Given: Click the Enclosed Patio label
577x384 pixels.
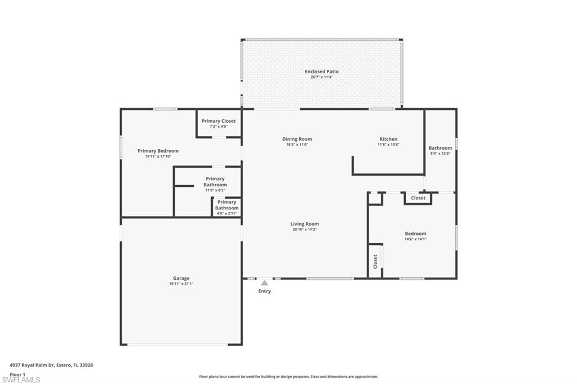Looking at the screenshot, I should coord(322,72).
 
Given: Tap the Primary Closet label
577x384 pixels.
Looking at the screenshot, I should coord(219,121).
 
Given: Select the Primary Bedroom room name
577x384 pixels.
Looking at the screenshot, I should coord(158,151).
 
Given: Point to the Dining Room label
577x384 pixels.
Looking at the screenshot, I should coord(297,139).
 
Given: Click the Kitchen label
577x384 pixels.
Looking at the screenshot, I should coord(388,139).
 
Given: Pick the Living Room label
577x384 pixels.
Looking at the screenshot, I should coord(305,224).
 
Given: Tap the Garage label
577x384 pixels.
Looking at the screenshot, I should coord(181,278).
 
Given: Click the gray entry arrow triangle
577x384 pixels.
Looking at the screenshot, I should coord(264,283).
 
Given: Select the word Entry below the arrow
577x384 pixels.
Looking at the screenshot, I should coord(264,291).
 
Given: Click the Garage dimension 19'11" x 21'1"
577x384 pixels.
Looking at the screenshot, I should coord(181,284).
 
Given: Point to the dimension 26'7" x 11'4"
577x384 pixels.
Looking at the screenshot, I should coord(322,77).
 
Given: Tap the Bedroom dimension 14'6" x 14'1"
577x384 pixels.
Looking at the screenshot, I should coord(415,239).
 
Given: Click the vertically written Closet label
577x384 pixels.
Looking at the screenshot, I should coord(375,261).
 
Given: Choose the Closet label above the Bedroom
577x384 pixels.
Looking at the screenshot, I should coord(418,198).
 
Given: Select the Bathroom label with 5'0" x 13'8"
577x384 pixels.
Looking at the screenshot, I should coord(440,148).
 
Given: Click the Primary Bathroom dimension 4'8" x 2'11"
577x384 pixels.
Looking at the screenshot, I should coord(227,213).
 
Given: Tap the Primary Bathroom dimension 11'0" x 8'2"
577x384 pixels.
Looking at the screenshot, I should coord(215,190).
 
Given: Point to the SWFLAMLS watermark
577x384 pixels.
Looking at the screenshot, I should coord(21,379).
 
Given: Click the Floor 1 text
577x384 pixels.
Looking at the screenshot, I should coord(17,374).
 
